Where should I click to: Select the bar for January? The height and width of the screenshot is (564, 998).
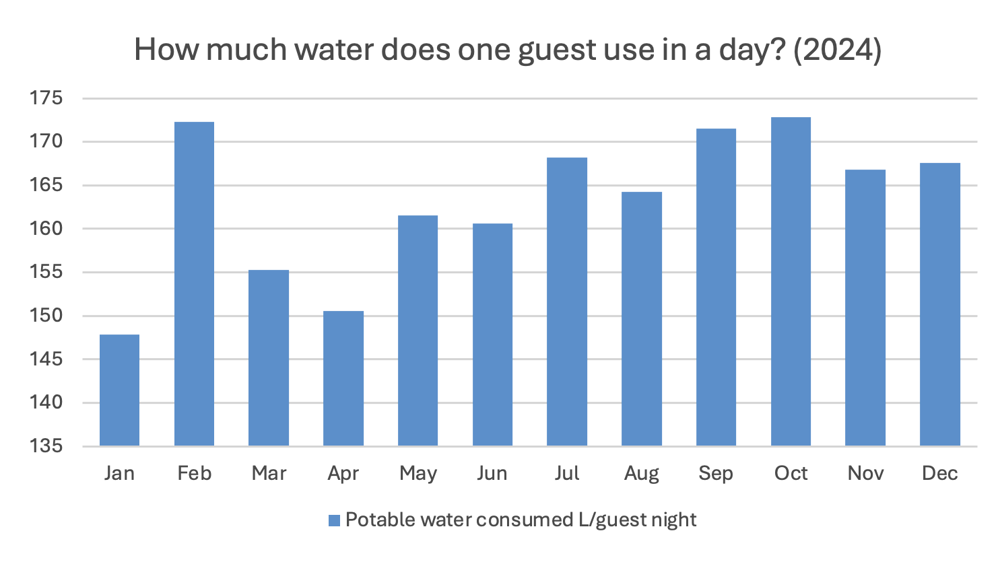119,390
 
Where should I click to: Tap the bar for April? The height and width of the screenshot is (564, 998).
343,378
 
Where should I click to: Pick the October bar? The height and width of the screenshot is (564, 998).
791,281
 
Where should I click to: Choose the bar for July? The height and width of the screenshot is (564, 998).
567,302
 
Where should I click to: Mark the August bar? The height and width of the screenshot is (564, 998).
642,319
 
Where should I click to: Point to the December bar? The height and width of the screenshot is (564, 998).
940,304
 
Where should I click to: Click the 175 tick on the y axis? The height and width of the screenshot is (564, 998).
46,98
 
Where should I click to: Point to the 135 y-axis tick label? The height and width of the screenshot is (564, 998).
46,446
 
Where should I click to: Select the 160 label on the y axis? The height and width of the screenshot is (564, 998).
46,229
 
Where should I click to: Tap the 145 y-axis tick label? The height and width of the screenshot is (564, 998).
46,359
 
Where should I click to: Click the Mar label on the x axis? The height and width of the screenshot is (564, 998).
269,473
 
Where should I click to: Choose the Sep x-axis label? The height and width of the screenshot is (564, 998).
716,473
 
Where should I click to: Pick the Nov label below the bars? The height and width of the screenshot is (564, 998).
865,473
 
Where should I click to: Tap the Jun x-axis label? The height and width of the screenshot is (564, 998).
492,473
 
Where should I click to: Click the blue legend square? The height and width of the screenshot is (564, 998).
334,520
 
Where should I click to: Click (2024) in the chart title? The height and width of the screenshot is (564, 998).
837,50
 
